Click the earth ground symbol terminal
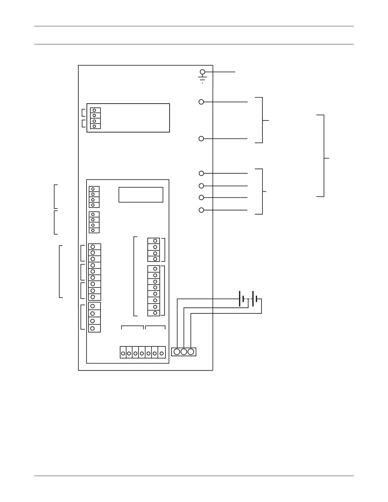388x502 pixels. click(202, 72)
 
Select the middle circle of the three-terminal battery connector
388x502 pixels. click(184, 352)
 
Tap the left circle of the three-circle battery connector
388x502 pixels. click(177, 352)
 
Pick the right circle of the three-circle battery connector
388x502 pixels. click(191, 352)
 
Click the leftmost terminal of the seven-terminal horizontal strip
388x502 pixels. click(123, 353)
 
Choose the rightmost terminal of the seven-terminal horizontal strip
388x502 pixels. click(162, 353)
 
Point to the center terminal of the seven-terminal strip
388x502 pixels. click(142, 353)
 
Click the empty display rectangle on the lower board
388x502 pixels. click(141, 195)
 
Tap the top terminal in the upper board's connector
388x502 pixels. click(94, 110)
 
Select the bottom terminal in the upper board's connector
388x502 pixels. click(94, 126)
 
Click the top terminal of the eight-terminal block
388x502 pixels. click(155, 269)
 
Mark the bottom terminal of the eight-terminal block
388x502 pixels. click(155, 313)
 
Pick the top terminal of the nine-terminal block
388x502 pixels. click(93, 247)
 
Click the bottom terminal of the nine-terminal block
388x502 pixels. click(93, 297)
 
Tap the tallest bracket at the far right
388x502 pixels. click(324, 156)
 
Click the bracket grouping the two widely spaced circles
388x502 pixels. click(262, 120)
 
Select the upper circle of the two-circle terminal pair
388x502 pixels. click(201, 102)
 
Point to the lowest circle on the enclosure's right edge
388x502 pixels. click(201, 210)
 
